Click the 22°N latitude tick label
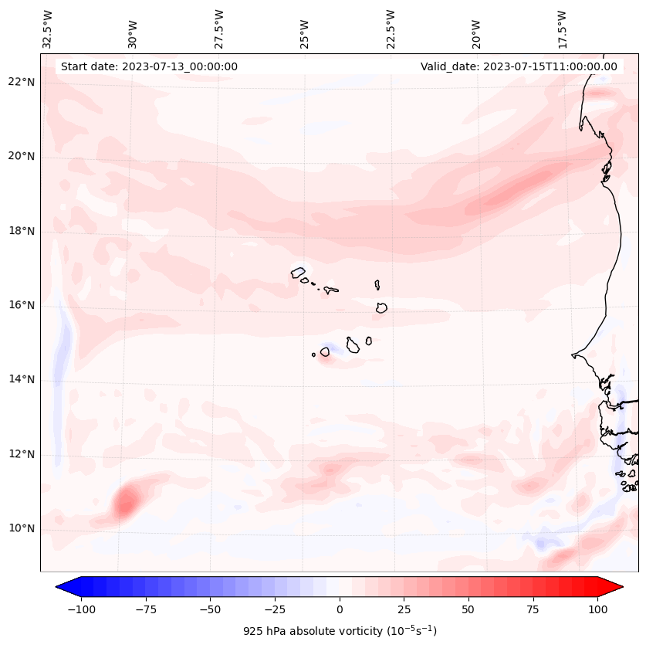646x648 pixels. point(22,83)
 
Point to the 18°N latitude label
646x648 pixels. point(22,231)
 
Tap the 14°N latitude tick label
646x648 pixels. point(22,379)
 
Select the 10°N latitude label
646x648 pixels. point(22,528)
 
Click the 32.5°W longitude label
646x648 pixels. point(48,29)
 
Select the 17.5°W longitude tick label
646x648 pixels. point(561,29)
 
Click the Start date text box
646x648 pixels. point(149,66)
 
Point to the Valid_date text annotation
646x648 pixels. point(519,66)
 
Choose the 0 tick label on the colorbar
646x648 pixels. point(340,609)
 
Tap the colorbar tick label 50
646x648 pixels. point(468,609)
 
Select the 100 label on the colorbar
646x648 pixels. point(597,609)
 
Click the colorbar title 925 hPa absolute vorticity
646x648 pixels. point(340,631)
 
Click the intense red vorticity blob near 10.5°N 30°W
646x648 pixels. point(124,503)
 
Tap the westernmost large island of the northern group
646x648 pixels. point(298,273)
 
